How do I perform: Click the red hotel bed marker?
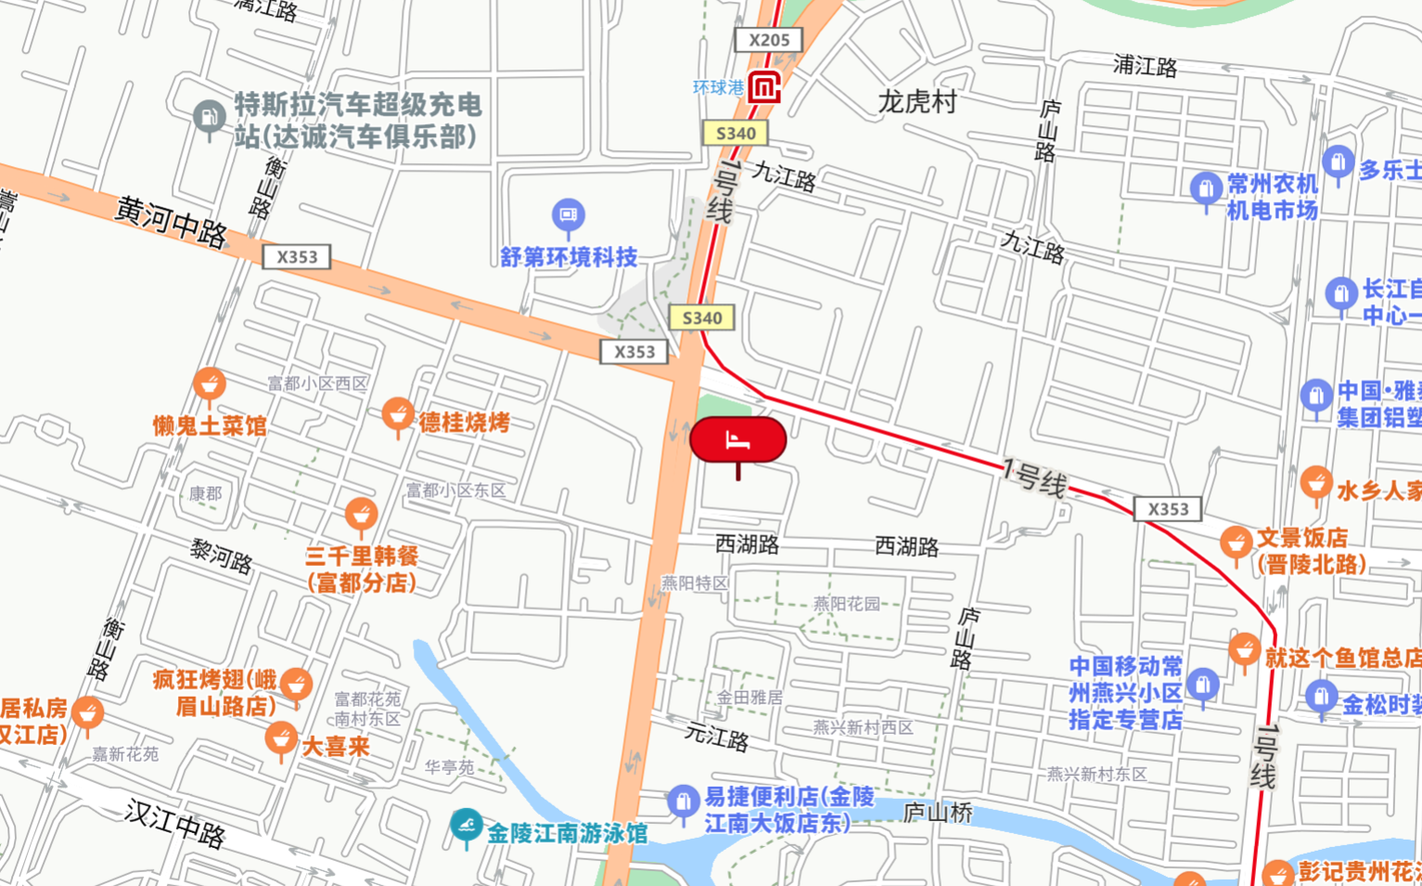737,440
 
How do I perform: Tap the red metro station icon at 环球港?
764,88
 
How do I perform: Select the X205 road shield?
768,40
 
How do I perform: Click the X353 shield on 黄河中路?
297,257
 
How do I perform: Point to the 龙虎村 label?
916,101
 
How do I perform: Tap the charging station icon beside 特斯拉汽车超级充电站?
210,117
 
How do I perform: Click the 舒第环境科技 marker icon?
569,215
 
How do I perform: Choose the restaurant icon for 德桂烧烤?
398,414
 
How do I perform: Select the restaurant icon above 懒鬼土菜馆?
210,383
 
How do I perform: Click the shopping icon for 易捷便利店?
683,801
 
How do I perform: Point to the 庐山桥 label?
938,814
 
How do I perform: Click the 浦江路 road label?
1145,66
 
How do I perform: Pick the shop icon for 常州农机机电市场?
1206,188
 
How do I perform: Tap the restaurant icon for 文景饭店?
1236,543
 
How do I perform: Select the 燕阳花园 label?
846,604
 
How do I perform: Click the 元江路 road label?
716,737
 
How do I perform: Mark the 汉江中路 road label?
174,824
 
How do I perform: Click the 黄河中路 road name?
171,222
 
